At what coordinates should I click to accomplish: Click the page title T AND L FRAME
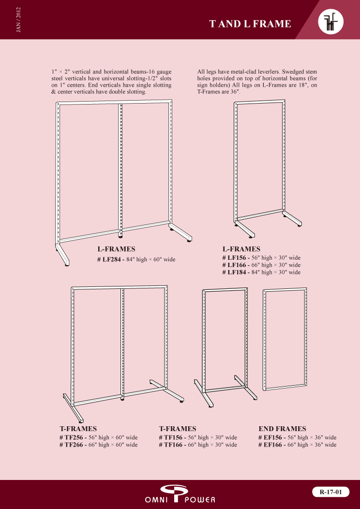click(x=250, y=24)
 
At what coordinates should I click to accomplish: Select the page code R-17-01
click(x=331, y=492)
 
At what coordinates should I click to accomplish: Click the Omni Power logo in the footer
click(x=180, y=494)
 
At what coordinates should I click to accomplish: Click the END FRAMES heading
click(x=282, y=429)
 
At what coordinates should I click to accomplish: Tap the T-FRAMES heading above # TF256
click(x=78, y=429)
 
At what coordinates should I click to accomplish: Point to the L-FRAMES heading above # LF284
click(x=116, y=249)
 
